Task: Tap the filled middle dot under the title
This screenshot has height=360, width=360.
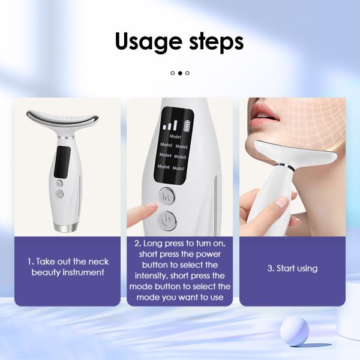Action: coord(180,73)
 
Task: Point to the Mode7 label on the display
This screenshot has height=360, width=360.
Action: coord(179,169)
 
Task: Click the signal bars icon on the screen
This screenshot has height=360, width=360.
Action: coord(170,125)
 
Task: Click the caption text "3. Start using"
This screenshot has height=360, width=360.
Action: coord(292,268)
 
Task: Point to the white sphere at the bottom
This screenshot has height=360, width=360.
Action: coord(294,331)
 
